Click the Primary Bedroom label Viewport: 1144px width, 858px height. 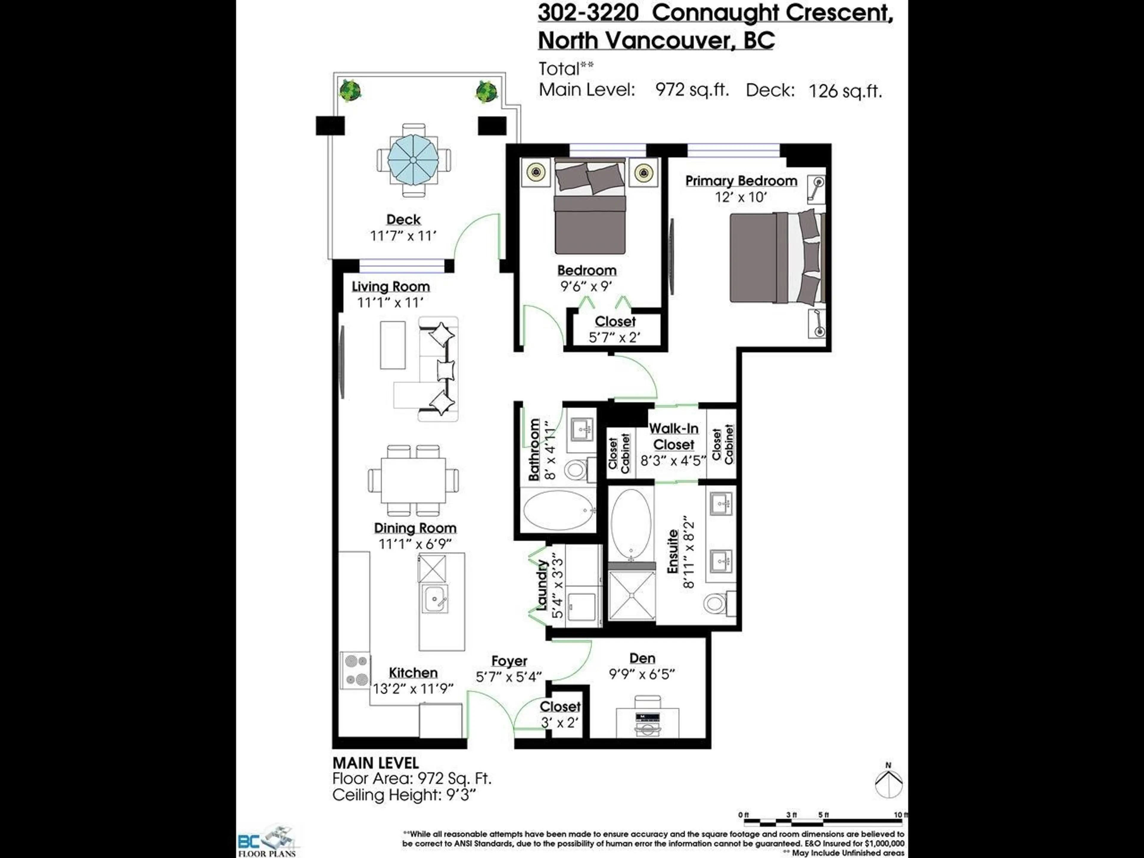(x=741, y=181)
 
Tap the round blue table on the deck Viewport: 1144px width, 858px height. (x=413, y=159)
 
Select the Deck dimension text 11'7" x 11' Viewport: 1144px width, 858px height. (x=403, y=236)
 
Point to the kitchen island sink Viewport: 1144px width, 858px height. (x=434, y=599)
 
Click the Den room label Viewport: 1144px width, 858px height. (x=642, y=658)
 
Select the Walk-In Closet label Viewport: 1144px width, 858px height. (x=673, y=436)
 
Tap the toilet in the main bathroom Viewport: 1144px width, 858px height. (x=575, y=470)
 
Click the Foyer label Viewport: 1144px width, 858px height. (x=509, y=661)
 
